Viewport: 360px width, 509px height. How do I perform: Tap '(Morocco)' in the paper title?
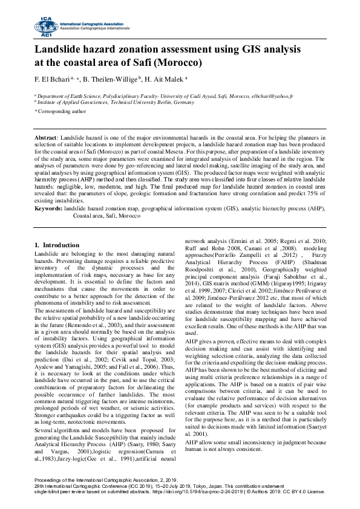[x=178, y=62]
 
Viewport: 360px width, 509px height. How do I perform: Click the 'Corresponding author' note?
[x=62, y=111]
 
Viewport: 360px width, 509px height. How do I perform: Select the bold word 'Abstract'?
[x=45, y=138]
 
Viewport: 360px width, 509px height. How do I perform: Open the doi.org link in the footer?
[x=200, y=492]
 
